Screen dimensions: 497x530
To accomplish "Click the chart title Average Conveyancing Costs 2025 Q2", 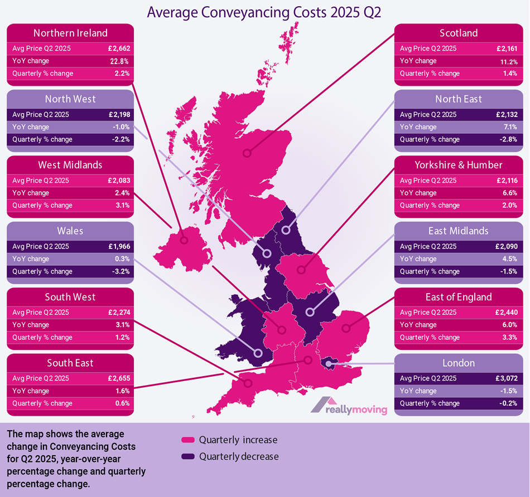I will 264,12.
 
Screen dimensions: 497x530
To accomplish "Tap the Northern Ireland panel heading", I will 70,33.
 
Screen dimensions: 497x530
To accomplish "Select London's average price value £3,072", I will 504,378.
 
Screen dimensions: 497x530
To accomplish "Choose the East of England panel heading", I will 459,297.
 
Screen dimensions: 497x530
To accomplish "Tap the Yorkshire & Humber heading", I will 459,165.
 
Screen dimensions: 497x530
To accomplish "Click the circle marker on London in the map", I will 329,365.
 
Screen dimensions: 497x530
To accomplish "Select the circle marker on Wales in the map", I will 258,353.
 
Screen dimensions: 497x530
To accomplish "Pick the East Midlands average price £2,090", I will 504,246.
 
